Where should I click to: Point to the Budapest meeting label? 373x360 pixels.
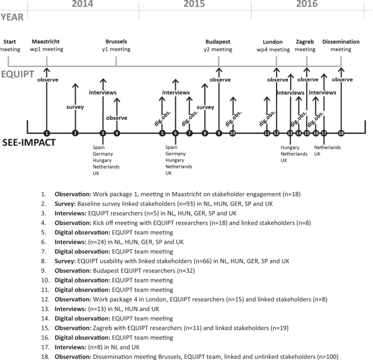tap(218, 45)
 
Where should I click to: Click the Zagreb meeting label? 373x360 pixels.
tap(306, 45)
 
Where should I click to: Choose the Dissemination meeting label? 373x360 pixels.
tap(341, 45)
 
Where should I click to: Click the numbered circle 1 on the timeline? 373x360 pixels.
tap(47, 133)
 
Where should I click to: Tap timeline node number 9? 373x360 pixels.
tap(218, 133)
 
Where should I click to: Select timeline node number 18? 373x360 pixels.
tap(341, 133)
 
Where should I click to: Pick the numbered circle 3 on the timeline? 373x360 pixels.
tap(102, 133)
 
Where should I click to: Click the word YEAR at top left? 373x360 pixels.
tap(12, 17)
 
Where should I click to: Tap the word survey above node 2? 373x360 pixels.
tap(75, 107)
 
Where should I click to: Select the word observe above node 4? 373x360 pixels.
tap(117, 117)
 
